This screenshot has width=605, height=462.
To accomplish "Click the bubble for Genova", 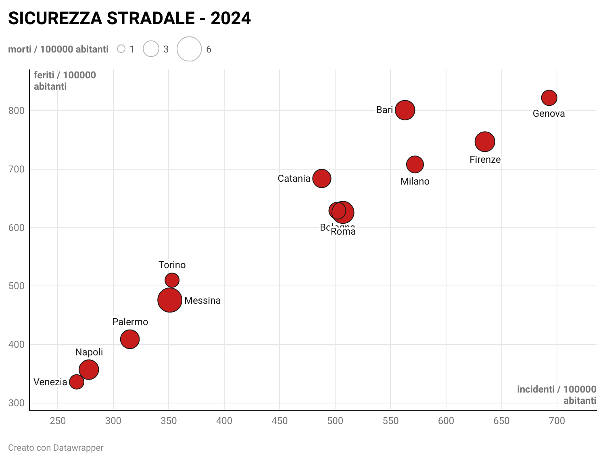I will coord(549,97).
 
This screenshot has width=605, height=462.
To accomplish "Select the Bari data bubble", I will coord(405,110).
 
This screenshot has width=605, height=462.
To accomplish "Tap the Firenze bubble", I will coord(485,142).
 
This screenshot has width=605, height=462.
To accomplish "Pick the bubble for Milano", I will coord(415,164).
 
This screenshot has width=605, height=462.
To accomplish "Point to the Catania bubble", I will coord(322,178).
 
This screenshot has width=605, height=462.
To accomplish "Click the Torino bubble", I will coord(172,280).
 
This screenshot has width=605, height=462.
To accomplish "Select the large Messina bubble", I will coord(170,300).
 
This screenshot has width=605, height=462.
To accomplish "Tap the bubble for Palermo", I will coord(130,339).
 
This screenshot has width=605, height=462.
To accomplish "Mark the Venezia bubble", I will coord(77,382).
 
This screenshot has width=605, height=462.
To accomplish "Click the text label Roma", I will coord(343,232).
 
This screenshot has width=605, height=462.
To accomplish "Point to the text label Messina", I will coord(202,300).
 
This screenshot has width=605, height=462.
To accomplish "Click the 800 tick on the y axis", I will coord(17,111).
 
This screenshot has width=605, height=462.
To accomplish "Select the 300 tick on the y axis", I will coord(17,403).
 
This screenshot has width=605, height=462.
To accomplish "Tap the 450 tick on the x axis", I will coord(280,421).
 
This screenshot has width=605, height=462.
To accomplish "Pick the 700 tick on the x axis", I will coord(557,421).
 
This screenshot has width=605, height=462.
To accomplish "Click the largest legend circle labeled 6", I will coord(189,49).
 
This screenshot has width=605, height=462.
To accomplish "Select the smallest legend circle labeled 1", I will coord(121,49).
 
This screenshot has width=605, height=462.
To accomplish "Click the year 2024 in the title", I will coord(231,19).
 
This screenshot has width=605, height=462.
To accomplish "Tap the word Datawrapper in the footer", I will coord(78,448).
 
